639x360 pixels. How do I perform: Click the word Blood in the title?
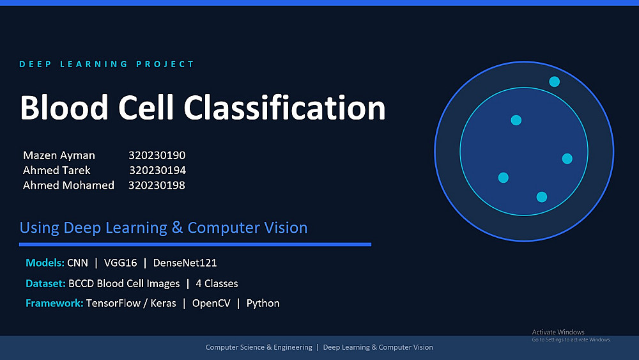[64, 107]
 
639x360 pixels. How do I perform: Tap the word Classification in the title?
[284, 107]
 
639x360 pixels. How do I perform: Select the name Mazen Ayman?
[59, 155]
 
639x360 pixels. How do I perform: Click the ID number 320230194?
[157, 170]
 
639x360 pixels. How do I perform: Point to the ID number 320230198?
[157, 185]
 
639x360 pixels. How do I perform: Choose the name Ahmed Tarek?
[57, 170]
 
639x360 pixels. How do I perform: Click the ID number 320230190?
[157, 155]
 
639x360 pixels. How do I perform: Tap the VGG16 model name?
[120, 263]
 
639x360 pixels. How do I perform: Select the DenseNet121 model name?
[185, 263]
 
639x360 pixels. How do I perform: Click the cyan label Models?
[45, 263]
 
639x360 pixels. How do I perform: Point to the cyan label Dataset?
[45, 283]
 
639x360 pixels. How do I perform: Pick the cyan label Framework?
[54, 303]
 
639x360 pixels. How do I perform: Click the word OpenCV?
[211, 303]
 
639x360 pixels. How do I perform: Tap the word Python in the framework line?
[263, 304]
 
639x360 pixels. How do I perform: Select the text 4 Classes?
[217, 283]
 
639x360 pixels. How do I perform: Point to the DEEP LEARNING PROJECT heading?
[107, 64]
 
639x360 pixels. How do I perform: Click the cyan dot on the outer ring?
[554, 82]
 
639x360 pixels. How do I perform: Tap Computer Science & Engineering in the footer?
[259, 347]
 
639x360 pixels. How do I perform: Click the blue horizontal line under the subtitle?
[195, 245]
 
